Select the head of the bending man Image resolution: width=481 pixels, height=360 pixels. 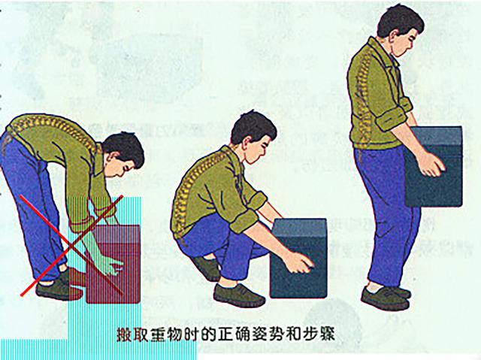click(123, 156)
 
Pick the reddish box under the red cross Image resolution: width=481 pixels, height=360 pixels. click(113, 263)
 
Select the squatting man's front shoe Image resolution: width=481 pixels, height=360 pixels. click(238, 295)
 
